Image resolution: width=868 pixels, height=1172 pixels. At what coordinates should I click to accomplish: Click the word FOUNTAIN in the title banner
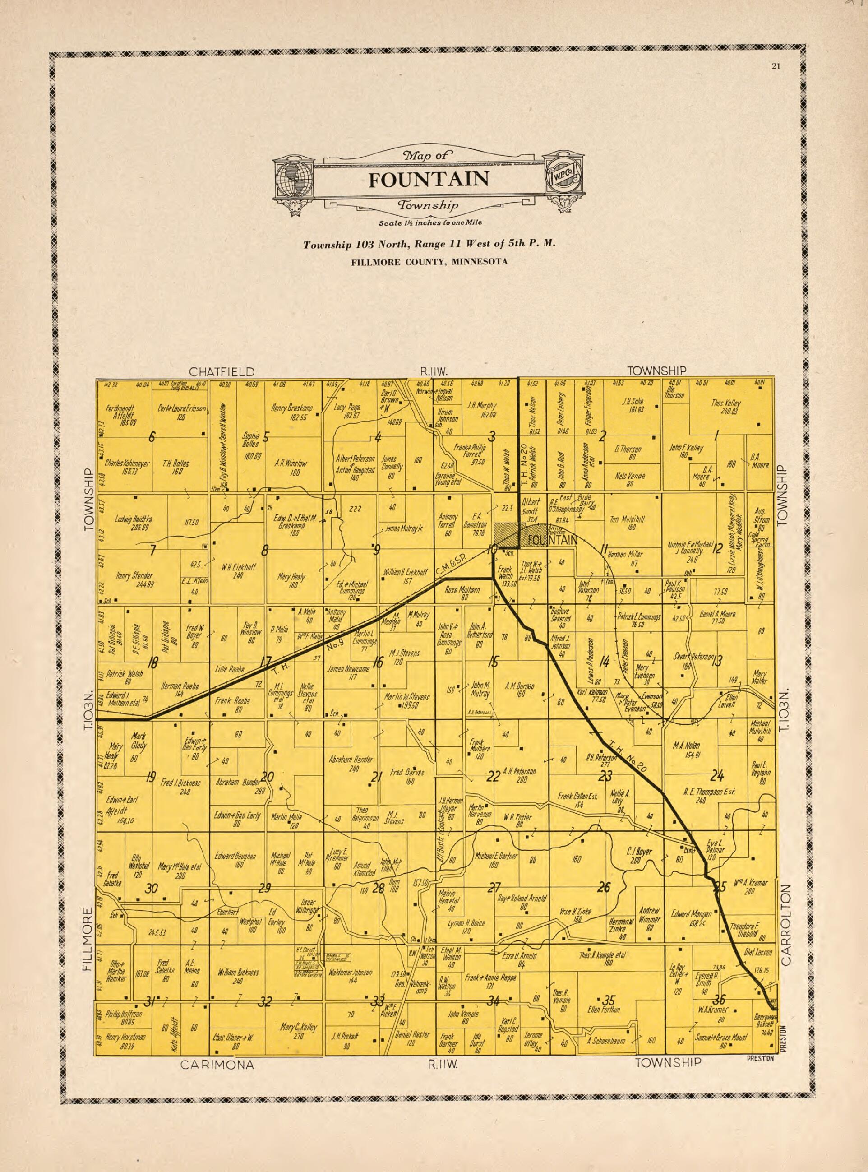(428, 180)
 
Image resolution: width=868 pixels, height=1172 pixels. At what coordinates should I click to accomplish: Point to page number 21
(776, 66)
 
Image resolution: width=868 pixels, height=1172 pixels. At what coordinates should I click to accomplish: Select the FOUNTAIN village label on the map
(552, 540)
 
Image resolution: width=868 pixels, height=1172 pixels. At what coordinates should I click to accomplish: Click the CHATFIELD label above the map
(222, 371)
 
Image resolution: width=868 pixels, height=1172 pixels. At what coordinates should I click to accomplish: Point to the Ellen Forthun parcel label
(603, 1010)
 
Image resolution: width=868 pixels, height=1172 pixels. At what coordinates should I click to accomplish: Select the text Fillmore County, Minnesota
(429, 262)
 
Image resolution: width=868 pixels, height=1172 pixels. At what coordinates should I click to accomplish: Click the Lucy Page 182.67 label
(347, 411)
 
